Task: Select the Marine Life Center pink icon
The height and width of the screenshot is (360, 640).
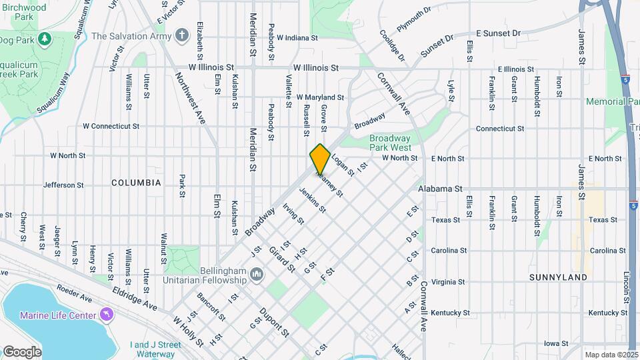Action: tap(105, 314)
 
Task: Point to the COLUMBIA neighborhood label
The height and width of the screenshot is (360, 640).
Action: tap(136, 182)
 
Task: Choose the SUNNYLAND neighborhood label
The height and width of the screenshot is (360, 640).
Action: tap(558, 277)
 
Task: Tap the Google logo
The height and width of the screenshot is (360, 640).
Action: tap(22, 351)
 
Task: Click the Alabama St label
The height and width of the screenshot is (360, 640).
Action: tap(440, 189)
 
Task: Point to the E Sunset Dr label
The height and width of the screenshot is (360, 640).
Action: tap(499, 33)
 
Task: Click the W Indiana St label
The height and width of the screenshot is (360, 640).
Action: tap(297, 38)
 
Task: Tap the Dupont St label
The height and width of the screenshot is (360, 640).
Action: tap(274, 321)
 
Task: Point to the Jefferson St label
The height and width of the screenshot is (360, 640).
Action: tap(63, 185)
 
